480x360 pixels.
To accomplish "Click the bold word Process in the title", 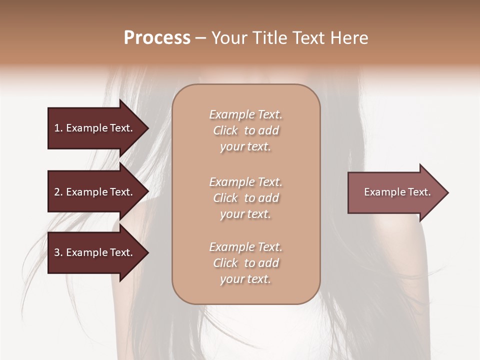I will coord(157,38).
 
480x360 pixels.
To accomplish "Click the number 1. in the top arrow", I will coord(58,128).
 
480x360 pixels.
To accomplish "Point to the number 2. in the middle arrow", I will coord(58,192).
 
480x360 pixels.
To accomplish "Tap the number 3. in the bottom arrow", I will coord(58,252).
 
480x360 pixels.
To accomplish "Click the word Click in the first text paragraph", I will coord(225,130).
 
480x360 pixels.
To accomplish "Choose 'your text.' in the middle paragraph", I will coord(245,214).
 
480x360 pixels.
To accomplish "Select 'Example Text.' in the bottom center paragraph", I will coord(245,247).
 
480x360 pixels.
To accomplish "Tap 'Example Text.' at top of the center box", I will coord(245,114).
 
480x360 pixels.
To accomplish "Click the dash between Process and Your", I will coord(200,38).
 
